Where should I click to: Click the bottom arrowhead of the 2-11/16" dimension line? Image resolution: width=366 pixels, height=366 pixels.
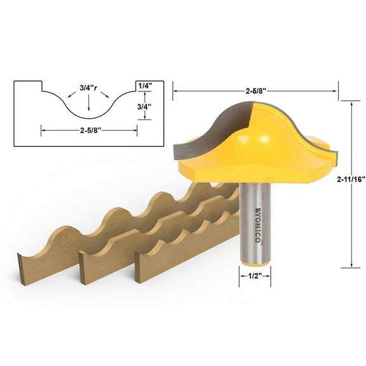[351, 266]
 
